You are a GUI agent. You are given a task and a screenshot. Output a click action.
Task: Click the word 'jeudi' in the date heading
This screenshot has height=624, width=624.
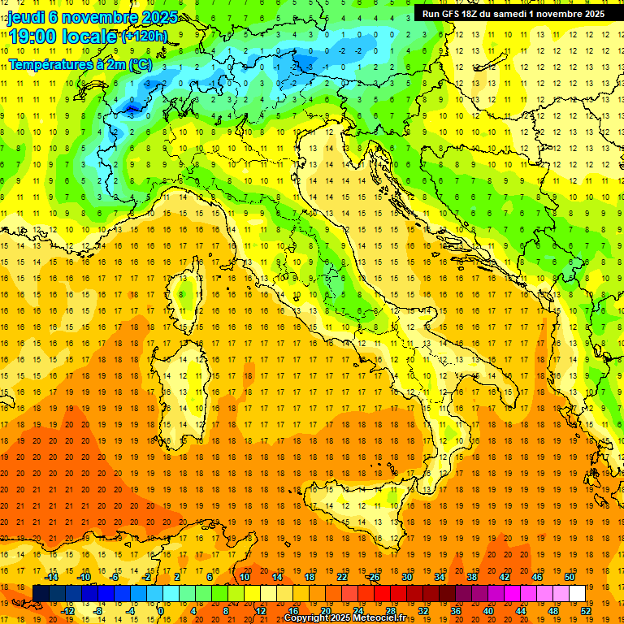coord(26,16)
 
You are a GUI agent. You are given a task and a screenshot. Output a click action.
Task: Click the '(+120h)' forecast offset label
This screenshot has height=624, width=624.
coord(145,36)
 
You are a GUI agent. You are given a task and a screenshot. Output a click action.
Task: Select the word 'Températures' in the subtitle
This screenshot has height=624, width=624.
coord(46,63)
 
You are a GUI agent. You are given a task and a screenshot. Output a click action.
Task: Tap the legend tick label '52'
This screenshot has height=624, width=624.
coord(586,611)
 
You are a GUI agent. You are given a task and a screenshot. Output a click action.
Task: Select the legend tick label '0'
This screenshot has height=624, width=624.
coord(161,611)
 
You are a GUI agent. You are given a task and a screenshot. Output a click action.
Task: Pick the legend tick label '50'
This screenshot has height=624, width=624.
coord(570,577)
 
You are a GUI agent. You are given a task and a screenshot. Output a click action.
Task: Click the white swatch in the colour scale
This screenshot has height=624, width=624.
coord(578,594)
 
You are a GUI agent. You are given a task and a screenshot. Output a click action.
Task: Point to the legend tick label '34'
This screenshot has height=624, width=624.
coord(440,577)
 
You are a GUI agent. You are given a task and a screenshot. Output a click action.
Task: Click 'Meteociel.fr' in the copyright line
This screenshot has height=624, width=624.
coord(385,618)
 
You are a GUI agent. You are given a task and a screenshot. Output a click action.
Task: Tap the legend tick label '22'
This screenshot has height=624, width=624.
coord(342,577)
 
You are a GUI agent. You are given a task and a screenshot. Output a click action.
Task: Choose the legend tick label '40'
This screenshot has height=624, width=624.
coord(488,611)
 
